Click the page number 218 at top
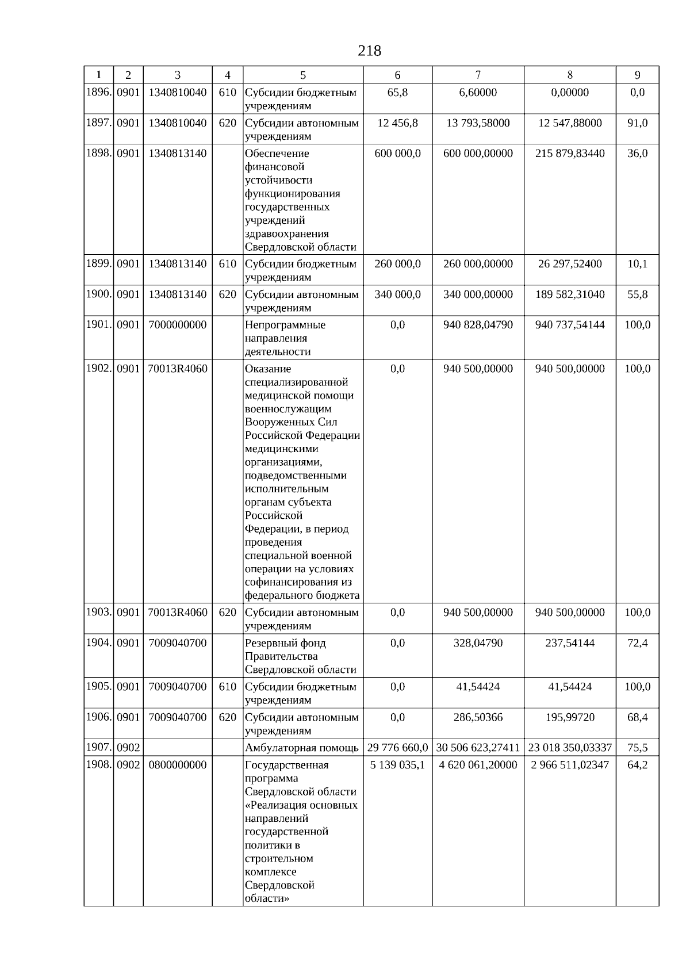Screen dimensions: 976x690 point(369,51)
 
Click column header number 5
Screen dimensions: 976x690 point(303,75)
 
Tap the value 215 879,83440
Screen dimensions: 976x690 point(570,154)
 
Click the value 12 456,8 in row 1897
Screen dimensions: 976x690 point(397,123)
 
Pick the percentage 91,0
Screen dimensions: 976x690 point(637,123)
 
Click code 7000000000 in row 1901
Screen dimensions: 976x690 point(177,325)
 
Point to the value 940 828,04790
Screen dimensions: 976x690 point(478,325)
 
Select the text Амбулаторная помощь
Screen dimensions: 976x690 point(302,748)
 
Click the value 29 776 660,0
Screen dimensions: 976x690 point(397,748)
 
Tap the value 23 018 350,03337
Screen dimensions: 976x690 point(570,748)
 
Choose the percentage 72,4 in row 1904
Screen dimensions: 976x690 point(637,643)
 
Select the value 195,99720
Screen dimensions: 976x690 point(570,717)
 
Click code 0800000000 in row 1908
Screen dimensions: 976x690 point(177,765)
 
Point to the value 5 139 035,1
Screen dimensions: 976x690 point(397,765)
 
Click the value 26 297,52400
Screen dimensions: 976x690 point(570,264)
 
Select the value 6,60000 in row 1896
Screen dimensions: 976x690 point(478,93)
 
